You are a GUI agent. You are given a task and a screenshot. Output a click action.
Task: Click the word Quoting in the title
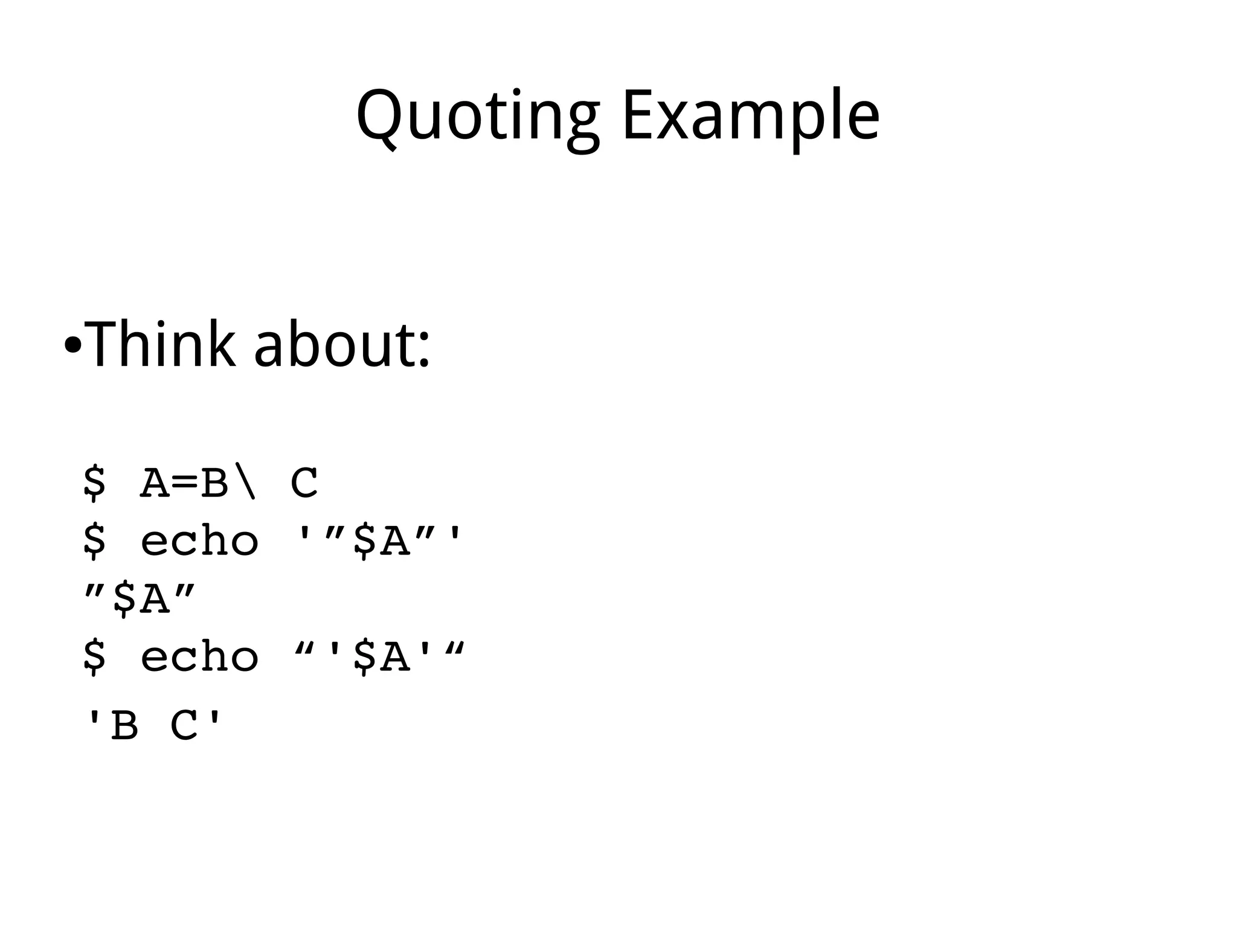pos(478,116)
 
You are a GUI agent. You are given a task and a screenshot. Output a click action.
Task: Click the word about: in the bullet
pos(341,344)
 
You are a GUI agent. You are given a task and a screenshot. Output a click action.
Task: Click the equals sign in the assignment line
pos(185,484)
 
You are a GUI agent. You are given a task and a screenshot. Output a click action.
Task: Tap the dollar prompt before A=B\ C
pos(94,483)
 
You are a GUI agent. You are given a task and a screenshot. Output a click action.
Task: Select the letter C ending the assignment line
pos(304,483)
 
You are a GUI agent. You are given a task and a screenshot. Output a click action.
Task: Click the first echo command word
pos(200,540)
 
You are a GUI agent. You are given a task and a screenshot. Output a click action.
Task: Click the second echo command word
pos(200,656)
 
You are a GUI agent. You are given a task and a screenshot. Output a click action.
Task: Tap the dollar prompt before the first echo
pos(94,541)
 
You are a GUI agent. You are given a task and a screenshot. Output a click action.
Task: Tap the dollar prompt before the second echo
pos(94,657)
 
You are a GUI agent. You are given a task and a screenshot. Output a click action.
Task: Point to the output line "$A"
pos(140,599)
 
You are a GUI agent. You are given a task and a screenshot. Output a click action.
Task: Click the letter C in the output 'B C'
pos(185,725)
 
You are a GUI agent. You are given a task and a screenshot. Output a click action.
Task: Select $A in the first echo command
pos(381,540)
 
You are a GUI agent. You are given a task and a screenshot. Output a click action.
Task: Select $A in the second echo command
pos(381,656)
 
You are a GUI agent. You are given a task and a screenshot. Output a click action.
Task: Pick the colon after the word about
pos(424,350)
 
